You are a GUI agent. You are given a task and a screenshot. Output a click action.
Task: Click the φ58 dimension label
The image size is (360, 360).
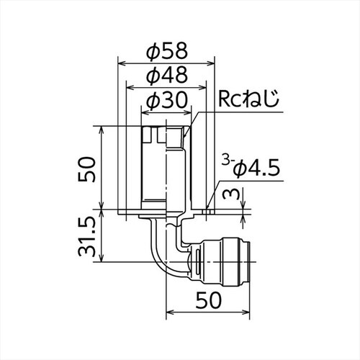(x=166, y=51)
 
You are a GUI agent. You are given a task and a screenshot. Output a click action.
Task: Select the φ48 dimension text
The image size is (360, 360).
(x=166, y=75)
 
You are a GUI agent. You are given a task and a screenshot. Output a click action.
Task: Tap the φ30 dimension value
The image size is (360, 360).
(x=166, y=101)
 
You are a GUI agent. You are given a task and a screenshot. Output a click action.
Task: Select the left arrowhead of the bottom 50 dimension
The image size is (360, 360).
(x=170, y=314)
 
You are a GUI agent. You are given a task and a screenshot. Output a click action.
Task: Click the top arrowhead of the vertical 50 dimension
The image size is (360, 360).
(x=102, y=127)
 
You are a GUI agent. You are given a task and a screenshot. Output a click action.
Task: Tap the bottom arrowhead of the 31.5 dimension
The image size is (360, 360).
(x=102, y=260)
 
